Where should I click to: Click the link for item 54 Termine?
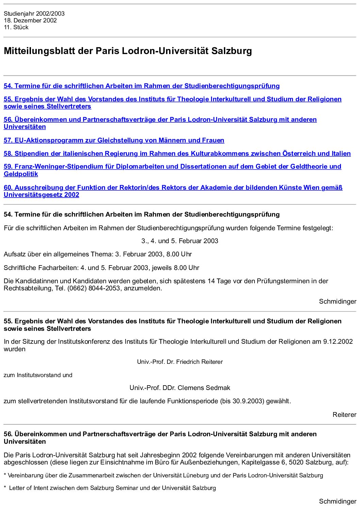[x=142, y=86]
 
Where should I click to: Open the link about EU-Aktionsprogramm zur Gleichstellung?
[x=114, y=140]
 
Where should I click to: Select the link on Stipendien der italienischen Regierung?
[x=177, y=154]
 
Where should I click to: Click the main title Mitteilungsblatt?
[x=128, y=51]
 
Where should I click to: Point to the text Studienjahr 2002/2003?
[x=34, y=14]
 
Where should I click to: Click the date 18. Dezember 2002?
[x=30, y=20]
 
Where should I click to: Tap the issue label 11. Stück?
[x=16, y=27]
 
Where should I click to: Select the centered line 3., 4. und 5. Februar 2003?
[x=180, y=241]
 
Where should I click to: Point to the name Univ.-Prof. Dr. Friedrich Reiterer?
[x=180, y=362]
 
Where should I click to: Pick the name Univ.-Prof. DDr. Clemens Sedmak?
[x=180, y=388]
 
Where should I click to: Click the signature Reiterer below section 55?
[x=344, y=414]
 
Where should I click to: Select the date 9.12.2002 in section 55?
[x=338, y=342]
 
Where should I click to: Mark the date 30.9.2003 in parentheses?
[x=248, y=401]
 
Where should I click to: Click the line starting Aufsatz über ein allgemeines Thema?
[x=98, y=254]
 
